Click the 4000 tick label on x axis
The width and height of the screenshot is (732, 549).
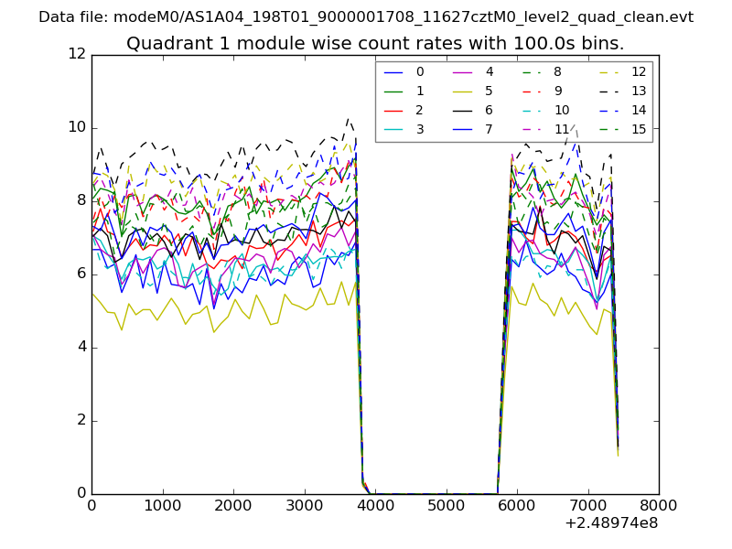pos(375,504)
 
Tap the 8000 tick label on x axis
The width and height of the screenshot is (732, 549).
pos(659,504)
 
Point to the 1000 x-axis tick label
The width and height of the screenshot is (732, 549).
pos(162,504)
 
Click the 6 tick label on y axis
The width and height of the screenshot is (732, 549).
pos(81,274)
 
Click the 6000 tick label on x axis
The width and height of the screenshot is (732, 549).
pos(517,504)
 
